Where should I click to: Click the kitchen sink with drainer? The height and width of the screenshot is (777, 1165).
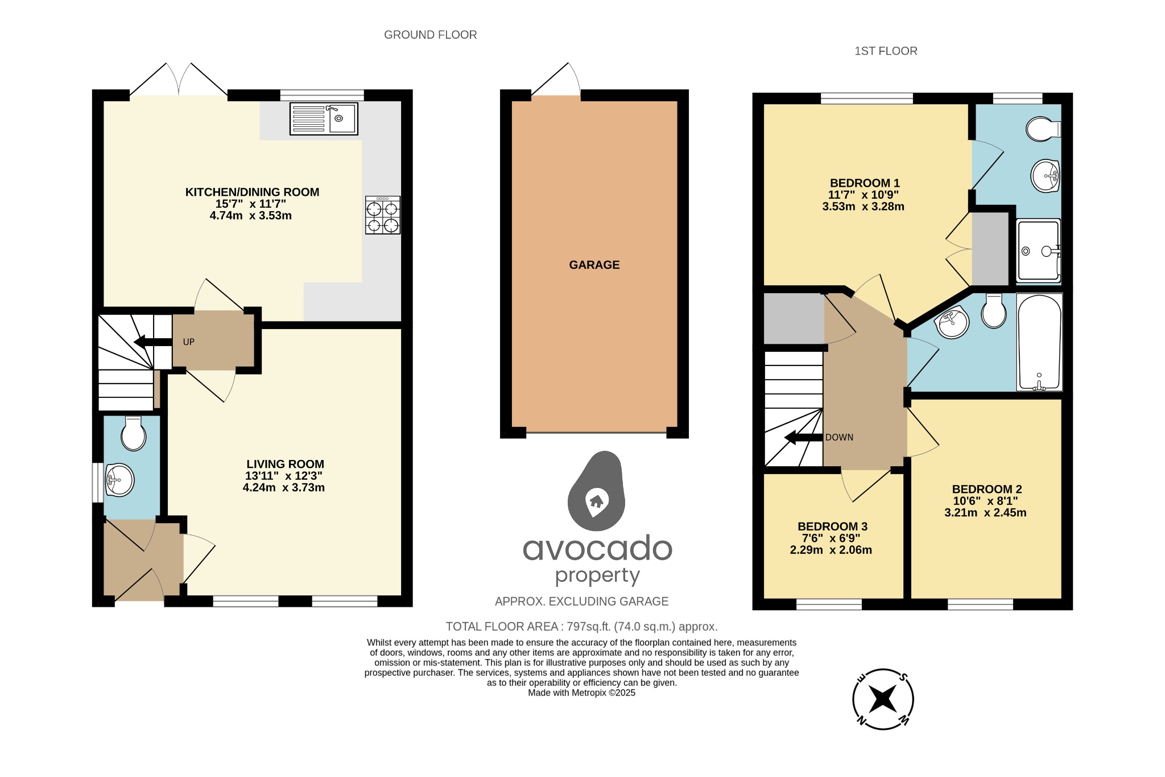coord(324,118)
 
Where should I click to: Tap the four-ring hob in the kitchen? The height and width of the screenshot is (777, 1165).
coord(383,215)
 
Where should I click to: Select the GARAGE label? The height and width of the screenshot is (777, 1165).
coord(594,265)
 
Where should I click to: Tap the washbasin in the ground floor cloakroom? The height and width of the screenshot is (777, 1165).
coord(119,480)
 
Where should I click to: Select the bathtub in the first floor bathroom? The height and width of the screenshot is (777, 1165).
coord(1039,342)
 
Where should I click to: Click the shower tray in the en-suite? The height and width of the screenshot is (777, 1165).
coord(1038,250)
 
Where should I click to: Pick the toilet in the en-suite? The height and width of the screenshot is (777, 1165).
coord(1043,129)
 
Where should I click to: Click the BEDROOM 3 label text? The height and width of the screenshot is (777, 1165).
coord(832,527)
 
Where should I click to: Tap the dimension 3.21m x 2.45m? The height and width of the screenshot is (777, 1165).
coord(985,512)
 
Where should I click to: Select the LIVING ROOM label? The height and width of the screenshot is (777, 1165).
coord(285,464)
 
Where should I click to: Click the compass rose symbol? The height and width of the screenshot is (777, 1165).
coord(883,699)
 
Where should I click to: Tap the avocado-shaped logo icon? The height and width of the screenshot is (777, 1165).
coord(596,491)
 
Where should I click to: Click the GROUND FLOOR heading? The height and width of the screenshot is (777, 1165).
coord(430,35)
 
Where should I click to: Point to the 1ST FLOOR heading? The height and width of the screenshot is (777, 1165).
coord(886,51)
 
